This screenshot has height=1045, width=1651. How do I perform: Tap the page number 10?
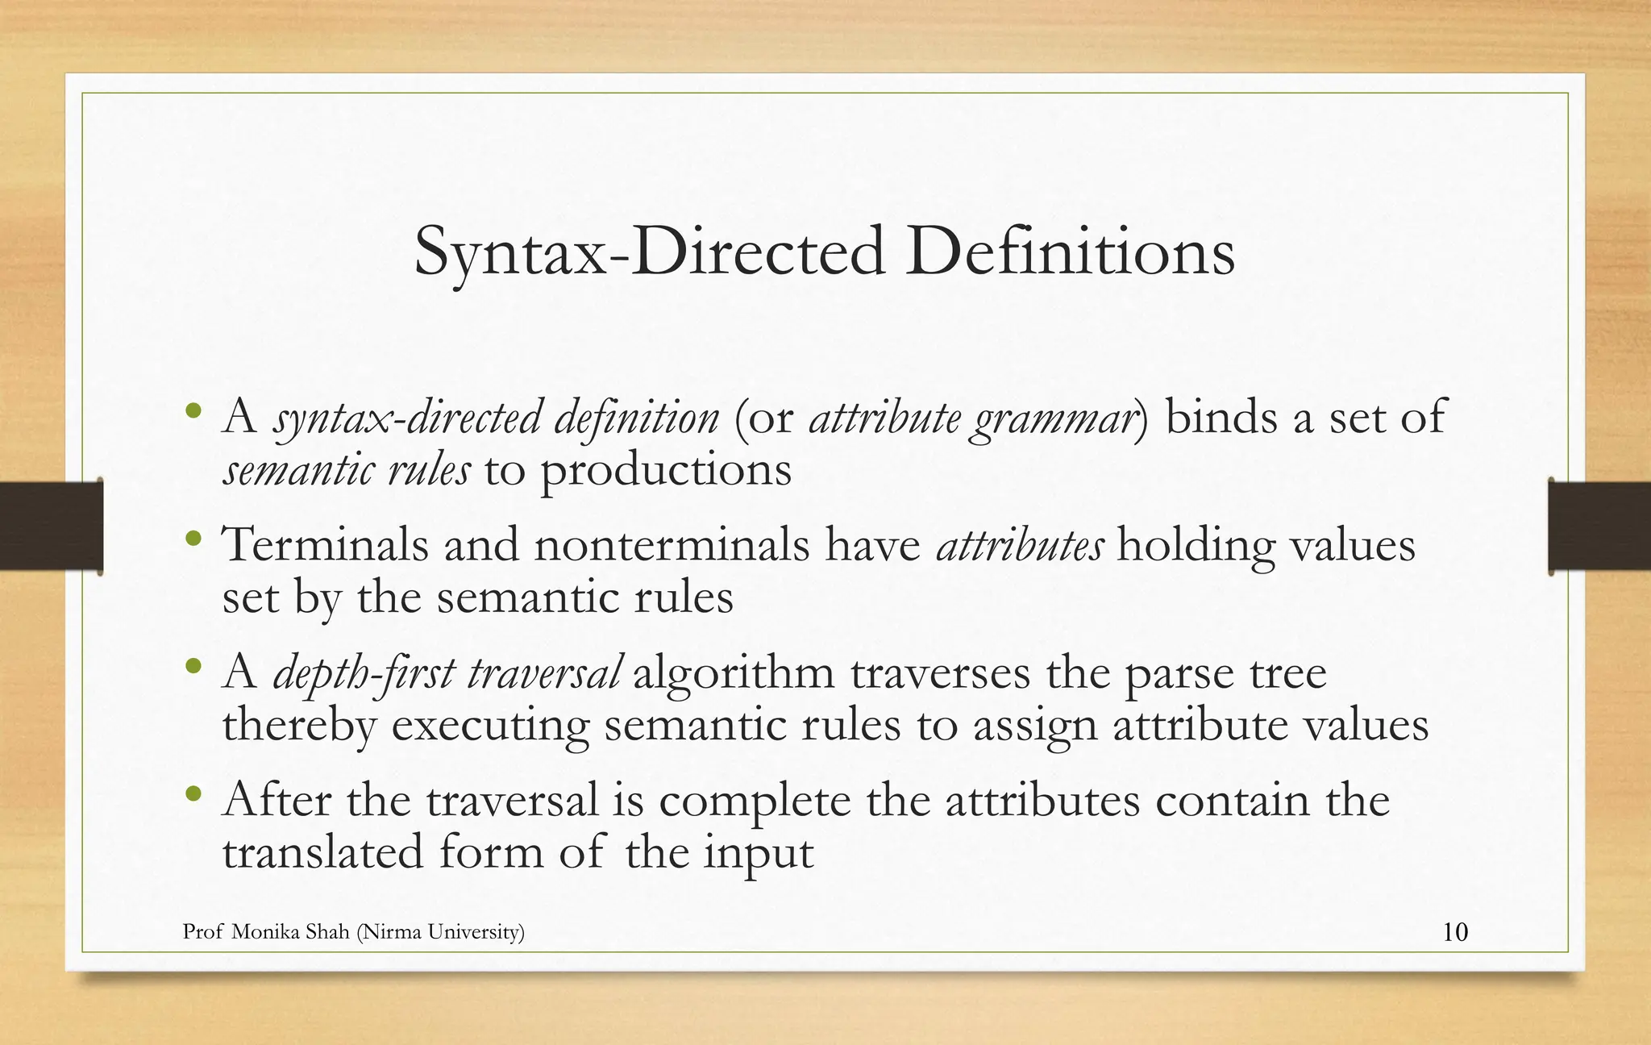[1454, 932]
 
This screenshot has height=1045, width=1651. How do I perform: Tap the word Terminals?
[326, 544]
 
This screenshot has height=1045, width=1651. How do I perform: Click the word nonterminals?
[671, 544]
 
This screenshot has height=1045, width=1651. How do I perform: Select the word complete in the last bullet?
[754, 801]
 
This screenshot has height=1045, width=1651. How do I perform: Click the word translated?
[322, 852]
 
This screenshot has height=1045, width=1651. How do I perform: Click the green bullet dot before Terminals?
[193, 538]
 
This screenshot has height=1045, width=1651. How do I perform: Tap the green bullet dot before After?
[193, 794]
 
